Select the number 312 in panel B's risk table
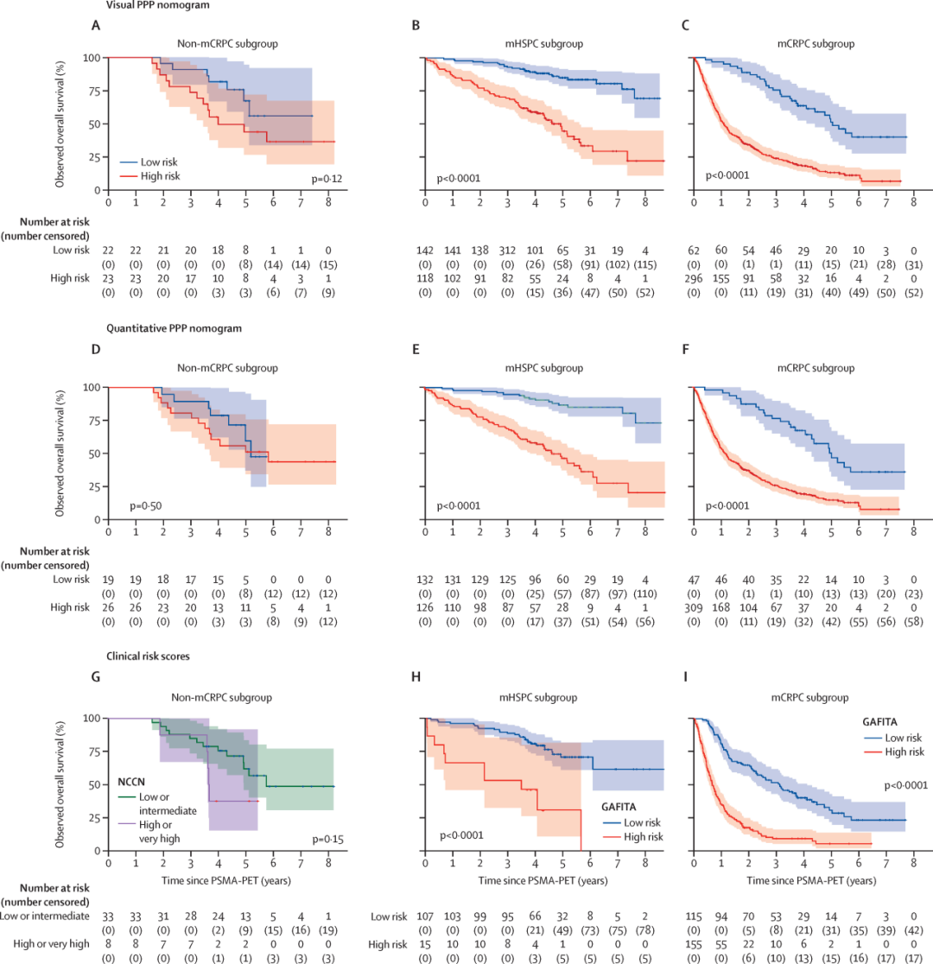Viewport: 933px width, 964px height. pos(507,250)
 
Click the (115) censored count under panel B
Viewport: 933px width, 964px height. pos(645,263)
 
